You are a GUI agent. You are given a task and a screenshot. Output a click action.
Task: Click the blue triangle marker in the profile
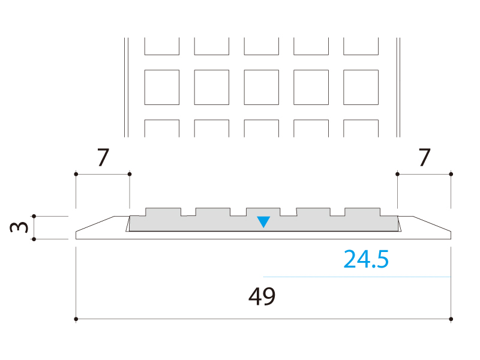[263, 221]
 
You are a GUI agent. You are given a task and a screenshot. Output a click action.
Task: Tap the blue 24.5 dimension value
[366, 259]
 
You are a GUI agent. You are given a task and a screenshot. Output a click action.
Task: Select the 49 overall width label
[262, 296]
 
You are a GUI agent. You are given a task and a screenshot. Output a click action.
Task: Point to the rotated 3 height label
[19, 227]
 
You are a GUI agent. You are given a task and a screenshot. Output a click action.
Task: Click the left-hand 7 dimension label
[103, 157]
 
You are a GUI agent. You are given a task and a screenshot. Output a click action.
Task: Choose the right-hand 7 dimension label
[425, 157]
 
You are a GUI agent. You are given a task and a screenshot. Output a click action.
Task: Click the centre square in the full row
[262, 87]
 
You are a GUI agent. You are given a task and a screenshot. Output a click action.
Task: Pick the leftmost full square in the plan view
[162, 87]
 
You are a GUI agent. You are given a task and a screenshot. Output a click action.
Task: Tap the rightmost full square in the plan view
[361, 87]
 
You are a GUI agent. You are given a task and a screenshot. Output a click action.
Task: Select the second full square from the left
[212, 87]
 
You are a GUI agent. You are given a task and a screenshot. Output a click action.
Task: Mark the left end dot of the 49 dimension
[76, 319]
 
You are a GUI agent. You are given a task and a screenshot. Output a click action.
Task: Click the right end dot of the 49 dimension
[451, 319]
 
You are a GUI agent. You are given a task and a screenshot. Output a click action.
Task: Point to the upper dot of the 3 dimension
[34, 216]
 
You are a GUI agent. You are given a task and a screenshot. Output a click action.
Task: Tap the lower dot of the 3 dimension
[34, 239]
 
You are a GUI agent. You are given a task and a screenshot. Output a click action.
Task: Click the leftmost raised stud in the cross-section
[163, 212]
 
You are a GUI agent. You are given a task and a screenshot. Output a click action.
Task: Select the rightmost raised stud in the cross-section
[362, 212]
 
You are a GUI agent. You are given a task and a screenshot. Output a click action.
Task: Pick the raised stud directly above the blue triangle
[263, 212]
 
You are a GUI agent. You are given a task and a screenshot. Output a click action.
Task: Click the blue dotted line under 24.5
[357, 277]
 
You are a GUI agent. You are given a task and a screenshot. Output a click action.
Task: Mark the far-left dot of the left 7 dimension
[76, 174]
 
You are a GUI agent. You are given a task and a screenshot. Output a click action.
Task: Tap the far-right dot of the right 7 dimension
[451, 174]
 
